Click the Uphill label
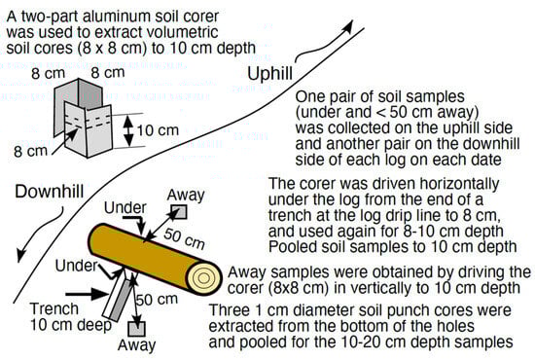pos(269,74)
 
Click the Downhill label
pos(50,192)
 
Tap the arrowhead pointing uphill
pos(348,27)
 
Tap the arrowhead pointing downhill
pos(21,255)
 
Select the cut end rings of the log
pos(204,278)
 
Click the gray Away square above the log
pos(179,211)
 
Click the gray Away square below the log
pos(137,329)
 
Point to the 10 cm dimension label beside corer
pos(158,130)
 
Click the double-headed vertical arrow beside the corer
pos(128,130)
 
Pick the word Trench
pos(54,308)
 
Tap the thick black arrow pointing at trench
pos(87,294)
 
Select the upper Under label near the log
pos(125,208)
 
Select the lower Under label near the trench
pos(77,266)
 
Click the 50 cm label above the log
pos(184,238)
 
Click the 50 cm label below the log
pos(157,300)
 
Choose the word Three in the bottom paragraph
pos(230,310)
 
